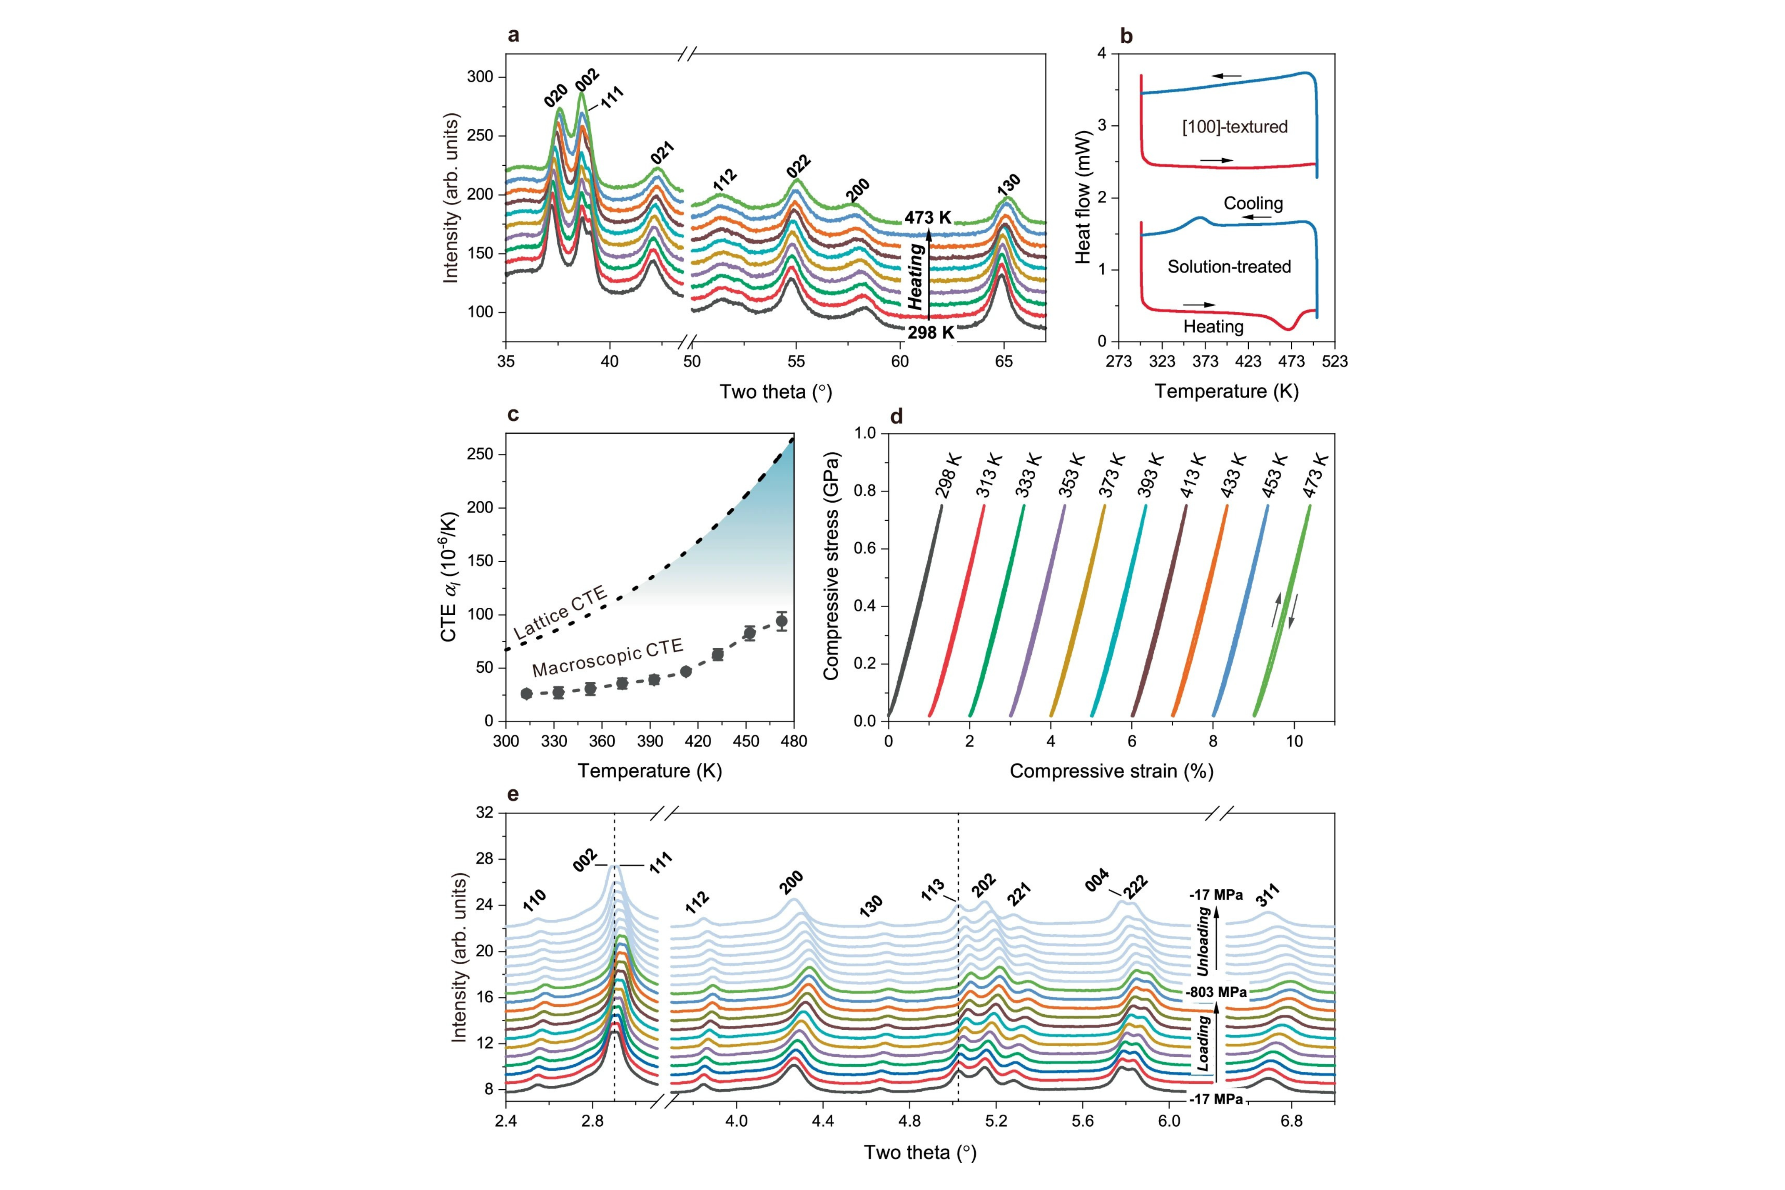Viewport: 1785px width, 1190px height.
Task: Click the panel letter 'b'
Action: click(1126, 36)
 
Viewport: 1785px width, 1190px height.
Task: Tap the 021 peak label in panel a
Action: click(662, 153)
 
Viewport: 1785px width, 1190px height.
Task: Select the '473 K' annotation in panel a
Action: click(927, 218)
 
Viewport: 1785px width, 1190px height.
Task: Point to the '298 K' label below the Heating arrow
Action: click(931, 332)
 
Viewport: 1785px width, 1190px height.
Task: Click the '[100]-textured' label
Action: click(1235, 127)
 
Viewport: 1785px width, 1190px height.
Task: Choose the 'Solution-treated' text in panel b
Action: click(1229, 267)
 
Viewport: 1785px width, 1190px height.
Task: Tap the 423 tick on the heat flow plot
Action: click(1248, 361)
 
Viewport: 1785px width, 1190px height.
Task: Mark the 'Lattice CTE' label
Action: click(560, 612)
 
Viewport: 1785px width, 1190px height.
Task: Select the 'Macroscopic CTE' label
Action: click(607, 658)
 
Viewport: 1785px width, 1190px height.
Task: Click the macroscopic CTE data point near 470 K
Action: click(781, 621)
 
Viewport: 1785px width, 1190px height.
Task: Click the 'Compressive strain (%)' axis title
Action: click(1111, 771)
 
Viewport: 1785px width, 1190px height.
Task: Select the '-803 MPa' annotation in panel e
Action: click(1217, 992)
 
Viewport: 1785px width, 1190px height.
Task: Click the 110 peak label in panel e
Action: click(534, 901)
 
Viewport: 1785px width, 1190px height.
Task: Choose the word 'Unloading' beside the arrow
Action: click(1203, 942)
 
